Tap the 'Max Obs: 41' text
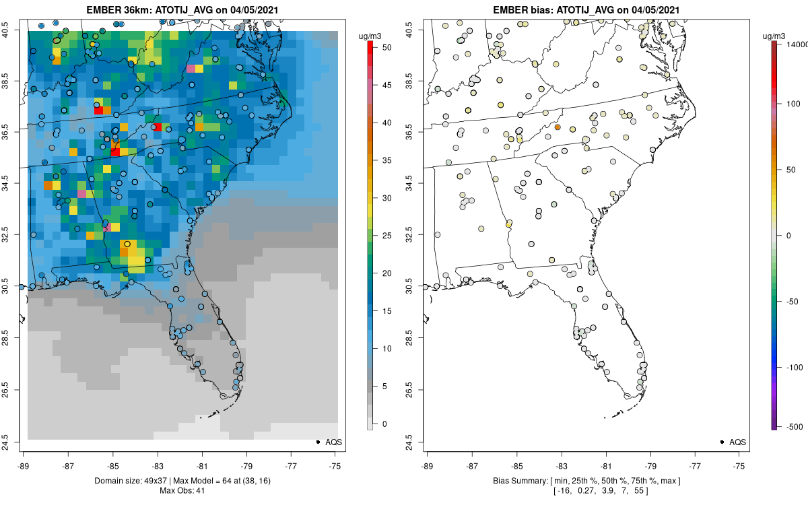(x=182, y=490)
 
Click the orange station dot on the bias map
(x=558, y=127)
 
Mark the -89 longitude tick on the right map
(x=428, y=465)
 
